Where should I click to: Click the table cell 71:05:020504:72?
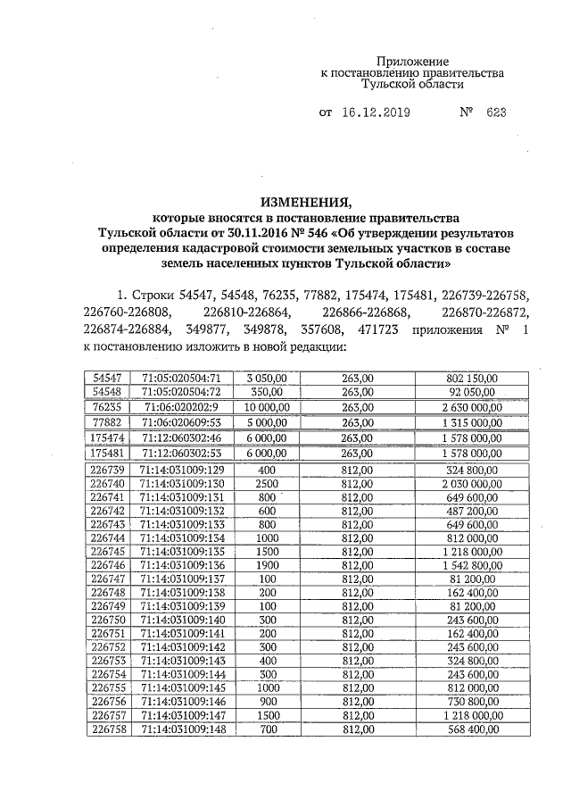180,391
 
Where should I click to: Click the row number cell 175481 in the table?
106,453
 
